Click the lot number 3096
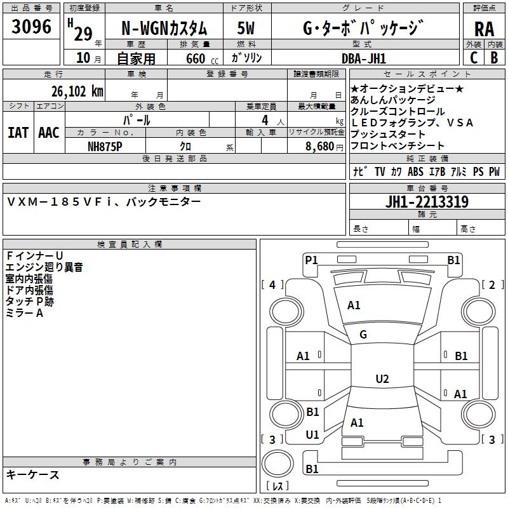click(x=32, y=27)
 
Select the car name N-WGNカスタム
click(x=164, y=28)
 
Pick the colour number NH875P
click(x=105, y=146)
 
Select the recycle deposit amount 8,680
click(x=319, y=146)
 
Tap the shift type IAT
click(x=18, y=132)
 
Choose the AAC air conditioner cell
click(x=49, y=132)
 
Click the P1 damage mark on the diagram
click(x=311, y=260)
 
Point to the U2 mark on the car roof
click(x=382, y=379)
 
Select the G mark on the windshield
click(x=363, y=335)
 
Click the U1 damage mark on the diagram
click(x=312, y=435)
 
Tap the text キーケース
click(x=33, y=474)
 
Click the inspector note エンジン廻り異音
click(x=44, y=267)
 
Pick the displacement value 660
click(x=196, y=58)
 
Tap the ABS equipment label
click(x=415, y=171)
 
